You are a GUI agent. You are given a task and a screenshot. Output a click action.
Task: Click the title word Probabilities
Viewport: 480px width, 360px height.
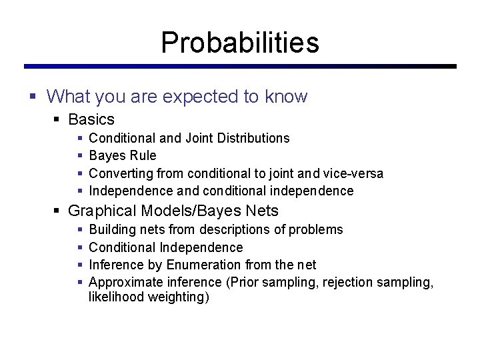240,43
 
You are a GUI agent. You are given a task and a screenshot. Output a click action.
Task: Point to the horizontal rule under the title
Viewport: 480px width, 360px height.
240,67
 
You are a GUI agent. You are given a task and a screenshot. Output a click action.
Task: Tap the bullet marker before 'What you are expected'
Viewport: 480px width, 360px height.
33,97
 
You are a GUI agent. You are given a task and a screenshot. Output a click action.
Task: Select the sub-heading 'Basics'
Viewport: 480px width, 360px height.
91,120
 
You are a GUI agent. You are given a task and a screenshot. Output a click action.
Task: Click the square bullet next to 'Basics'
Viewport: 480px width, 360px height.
57,120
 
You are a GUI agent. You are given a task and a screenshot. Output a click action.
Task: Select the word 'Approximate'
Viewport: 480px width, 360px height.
123,282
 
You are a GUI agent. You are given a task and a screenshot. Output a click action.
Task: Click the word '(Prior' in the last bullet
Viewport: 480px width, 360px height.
243,282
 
